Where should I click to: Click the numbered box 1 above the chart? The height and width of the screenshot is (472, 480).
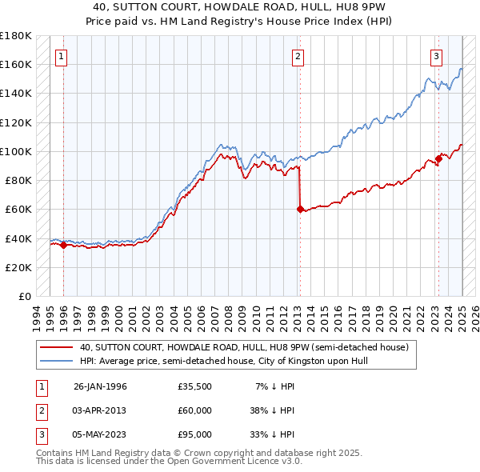(62, 56)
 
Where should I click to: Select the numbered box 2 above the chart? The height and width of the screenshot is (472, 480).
(298, 56)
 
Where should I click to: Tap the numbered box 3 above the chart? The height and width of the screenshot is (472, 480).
(436, 56)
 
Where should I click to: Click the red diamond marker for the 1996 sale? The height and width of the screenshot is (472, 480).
(63, 245)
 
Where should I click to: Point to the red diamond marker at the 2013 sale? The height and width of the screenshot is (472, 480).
(300, 210)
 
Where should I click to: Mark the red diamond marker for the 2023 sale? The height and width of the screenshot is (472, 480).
(438, 158)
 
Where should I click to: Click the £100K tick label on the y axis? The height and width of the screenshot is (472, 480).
(17, 151)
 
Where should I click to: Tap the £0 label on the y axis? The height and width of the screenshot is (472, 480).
(25, 297)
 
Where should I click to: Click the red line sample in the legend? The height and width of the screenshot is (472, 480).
(57, 347)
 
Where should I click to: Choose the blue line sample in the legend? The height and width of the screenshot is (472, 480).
(57, 361)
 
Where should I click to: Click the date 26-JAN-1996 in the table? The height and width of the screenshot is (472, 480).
(100, 386)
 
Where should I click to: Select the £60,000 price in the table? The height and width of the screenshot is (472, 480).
(195, 410)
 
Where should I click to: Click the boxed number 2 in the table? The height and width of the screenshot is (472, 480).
(39, 410)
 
